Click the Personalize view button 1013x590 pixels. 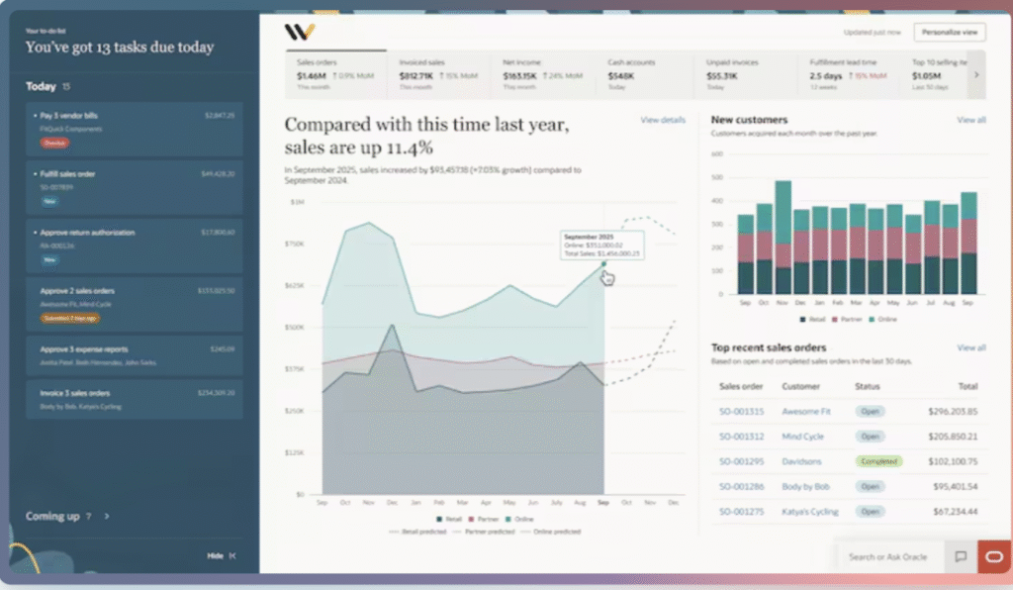(949, 33)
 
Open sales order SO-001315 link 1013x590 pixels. (741, 411)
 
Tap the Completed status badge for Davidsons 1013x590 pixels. (878, 461)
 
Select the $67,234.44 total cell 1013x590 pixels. (953, 512)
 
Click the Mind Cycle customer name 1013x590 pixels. (802, 437)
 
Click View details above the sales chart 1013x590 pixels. (662, 120)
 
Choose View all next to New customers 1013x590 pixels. (970, 120)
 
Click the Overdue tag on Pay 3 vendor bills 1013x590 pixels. (54, 143)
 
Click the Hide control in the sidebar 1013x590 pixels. (216, 555)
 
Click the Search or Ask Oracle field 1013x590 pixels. (887, 557)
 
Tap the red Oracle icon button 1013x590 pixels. (994, 556)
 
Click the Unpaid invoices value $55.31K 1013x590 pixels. (721, 75)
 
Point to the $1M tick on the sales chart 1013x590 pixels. (297, 202)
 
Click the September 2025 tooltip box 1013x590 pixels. (601, 246)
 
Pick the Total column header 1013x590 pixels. (967, 386)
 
